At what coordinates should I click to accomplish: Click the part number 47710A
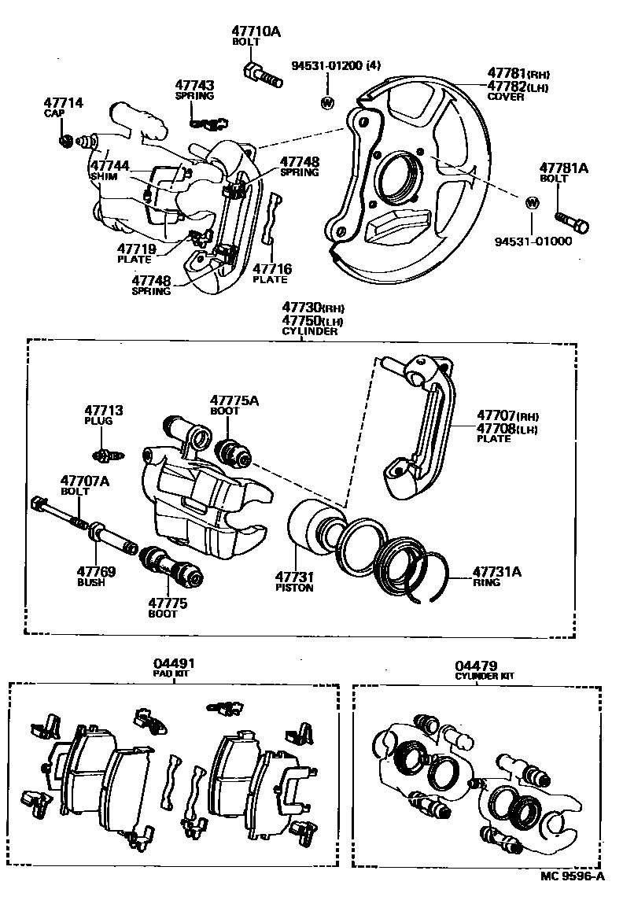click(x=256, y=31)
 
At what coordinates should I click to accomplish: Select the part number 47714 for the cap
click(x=63, y=103)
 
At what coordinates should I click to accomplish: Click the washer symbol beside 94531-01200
click(x=326, y=102)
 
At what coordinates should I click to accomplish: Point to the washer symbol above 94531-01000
click(x=531, y=202)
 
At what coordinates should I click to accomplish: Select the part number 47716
click(x=271, y=269)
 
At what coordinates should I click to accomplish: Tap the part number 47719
click(x=137, y=249)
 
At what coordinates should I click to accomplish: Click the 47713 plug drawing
click(x=105, y=455)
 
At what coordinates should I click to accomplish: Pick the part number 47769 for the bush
click(x=96, y=572)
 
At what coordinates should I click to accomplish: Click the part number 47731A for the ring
click(x=497, y=572)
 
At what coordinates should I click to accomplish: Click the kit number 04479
click(x=476, y=666)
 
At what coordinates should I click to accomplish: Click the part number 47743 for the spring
click(x=194, y=85)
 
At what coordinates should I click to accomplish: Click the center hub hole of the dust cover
click(x=398, y=178)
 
